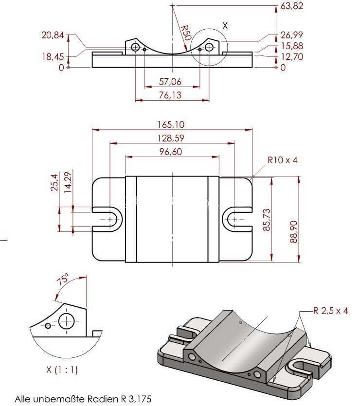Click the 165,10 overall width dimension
tap(171, 124)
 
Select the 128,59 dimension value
tap(171, 138)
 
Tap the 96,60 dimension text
tap(171, 152)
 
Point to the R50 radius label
tap(186, 33)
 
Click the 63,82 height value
tap(291, 6)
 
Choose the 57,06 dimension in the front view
tap(170, 82)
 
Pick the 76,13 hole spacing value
tap(170, 95)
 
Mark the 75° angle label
tap(63, 279)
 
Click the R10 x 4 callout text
tap(283, 160)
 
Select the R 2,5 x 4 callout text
tap(331, 310)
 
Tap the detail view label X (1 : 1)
tap(62, 369)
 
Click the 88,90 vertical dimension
tap(293, 231)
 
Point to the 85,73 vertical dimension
tap(266, 220)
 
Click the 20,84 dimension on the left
tap(53, 35)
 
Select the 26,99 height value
tap(291, 35)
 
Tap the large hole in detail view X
tap(67, 321)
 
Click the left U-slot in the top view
tap(107, 219)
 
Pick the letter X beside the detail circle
tap(225, 26)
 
